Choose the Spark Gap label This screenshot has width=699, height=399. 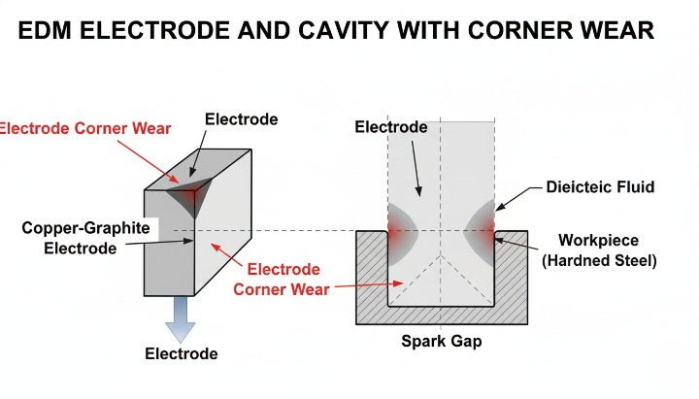click(443, 342)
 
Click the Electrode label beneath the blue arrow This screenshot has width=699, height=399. click(182, 353)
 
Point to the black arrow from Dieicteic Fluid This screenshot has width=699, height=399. click(517, 198)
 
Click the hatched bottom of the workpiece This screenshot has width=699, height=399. click(442, 316)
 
